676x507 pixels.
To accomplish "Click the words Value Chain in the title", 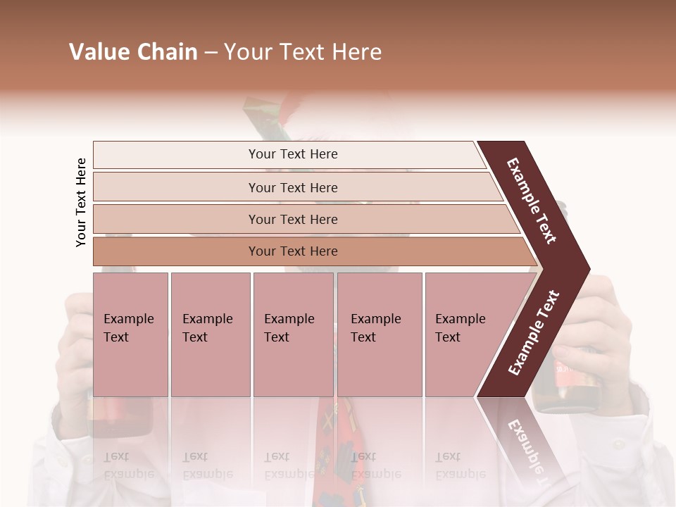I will point(133,52).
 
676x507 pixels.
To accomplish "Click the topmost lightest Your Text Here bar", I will point(293,154).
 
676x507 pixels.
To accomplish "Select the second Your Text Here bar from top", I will point(293,187).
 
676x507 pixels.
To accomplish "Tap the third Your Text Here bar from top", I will point(293,219).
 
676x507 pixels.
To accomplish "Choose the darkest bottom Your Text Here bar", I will point(293,251).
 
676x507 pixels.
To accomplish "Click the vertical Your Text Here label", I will point(81,202).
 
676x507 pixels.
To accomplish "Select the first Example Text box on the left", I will point(130,334).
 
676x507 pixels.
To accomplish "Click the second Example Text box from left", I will point(210,334).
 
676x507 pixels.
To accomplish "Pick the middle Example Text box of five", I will point(293,334).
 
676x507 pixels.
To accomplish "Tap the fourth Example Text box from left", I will point(380,334).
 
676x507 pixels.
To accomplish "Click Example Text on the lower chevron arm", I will point(534,332).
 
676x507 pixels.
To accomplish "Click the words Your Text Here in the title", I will point(302,52).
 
